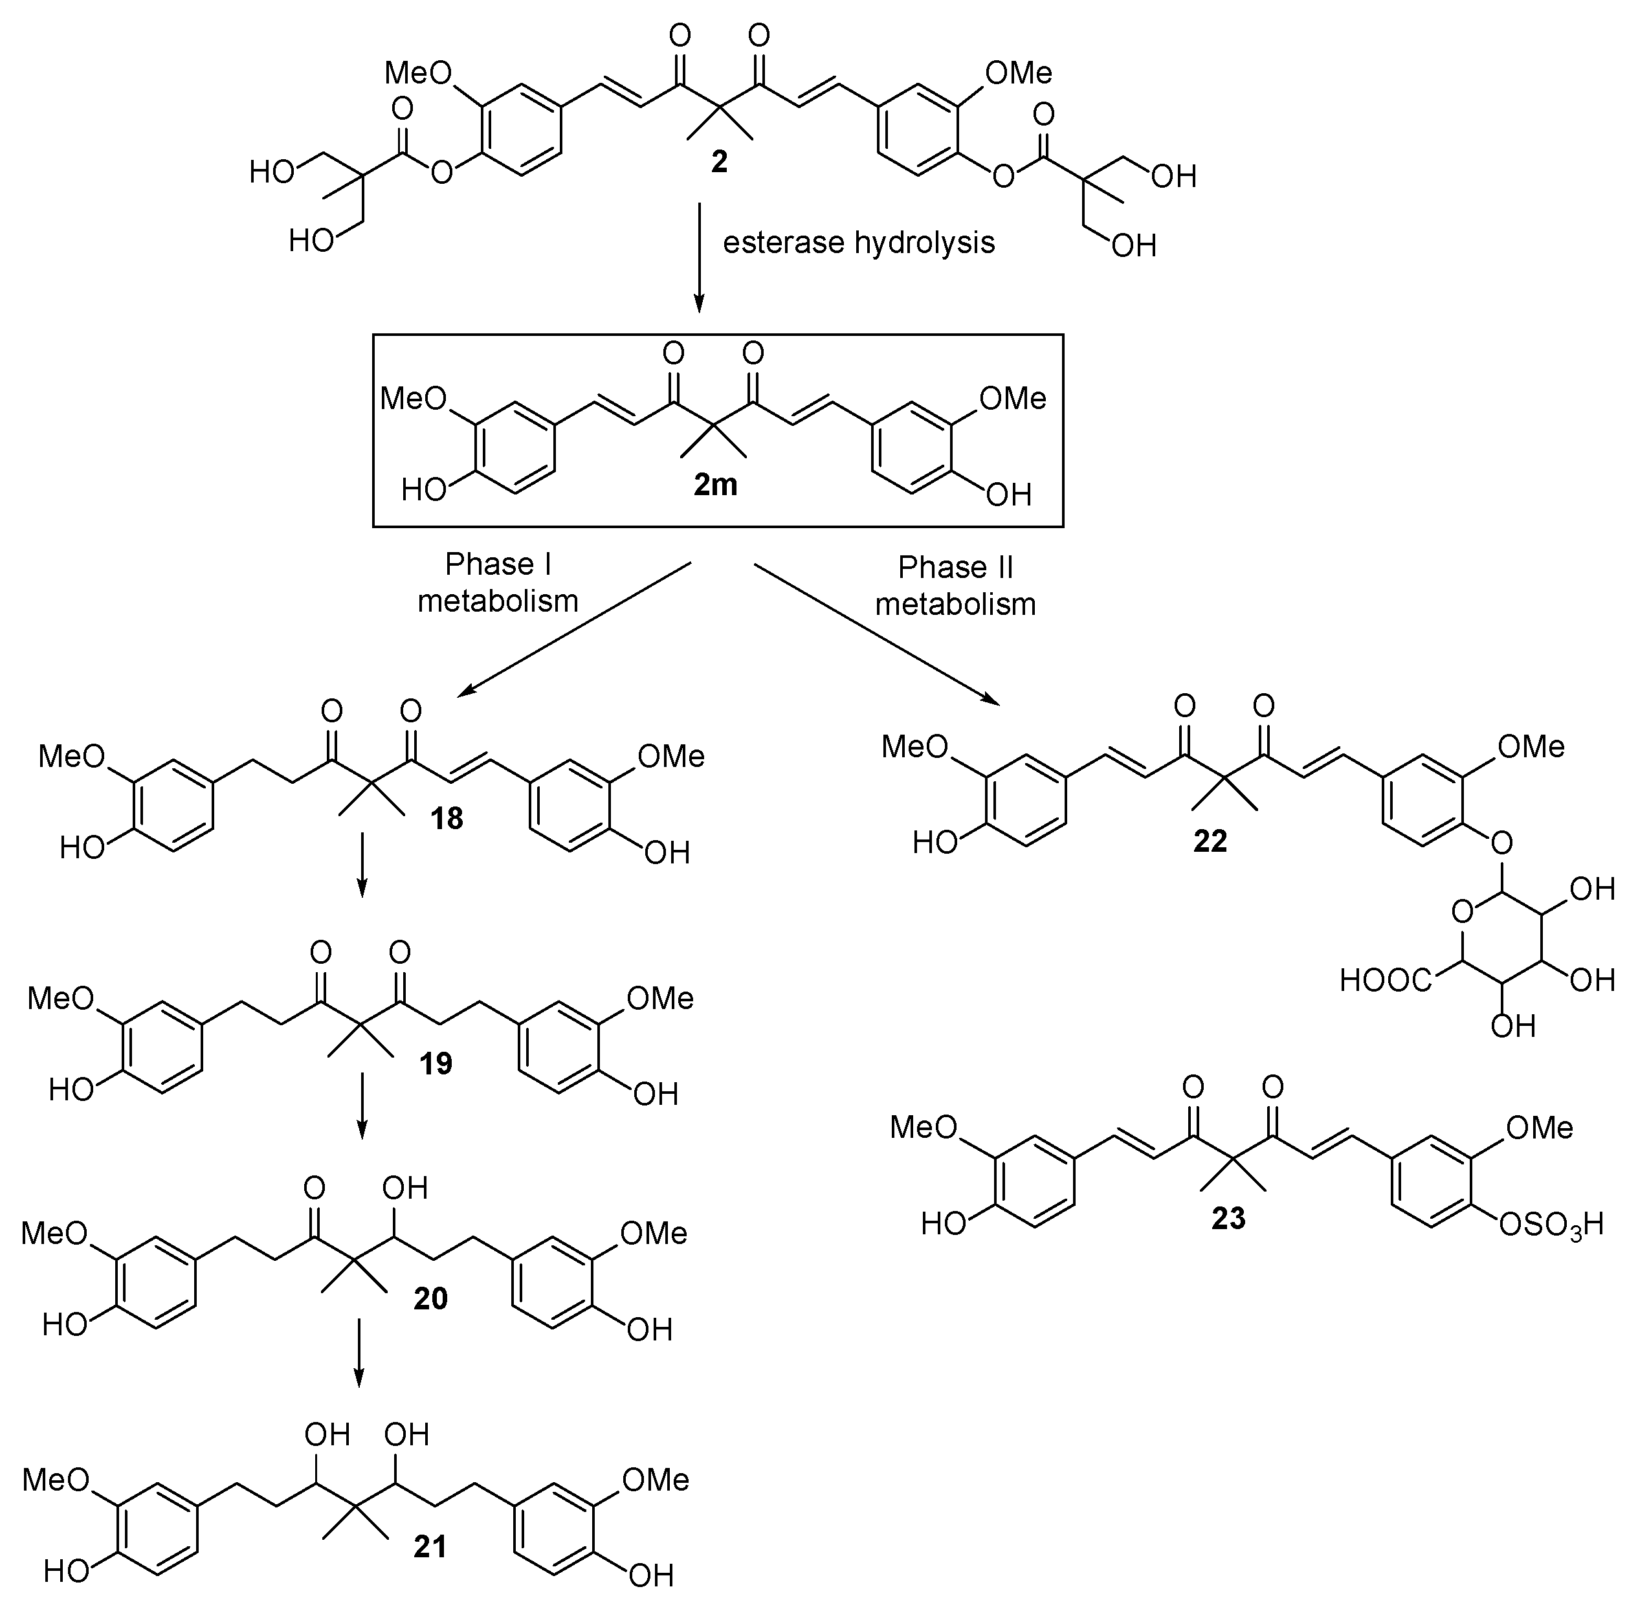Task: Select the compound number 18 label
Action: tap(447, 819)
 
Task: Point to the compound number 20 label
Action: tap(430, 1298)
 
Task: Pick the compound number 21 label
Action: tap(430, 1546)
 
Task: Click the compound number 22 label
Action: tap(1210, 841)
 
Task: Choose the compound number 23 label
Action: tap(1228, 1219)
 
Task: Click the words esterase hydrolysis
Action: tap(859, 243)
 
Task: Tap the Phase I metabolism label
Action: tap(498, 583)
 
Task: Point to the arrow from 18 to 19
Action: tap(361, 865)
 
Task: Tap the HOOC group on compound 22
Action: tap(1386, 981)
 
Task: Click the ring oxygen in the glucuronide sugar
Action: tap(1461, 914)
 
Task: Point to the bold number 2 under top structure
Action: tap(719, 162)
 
